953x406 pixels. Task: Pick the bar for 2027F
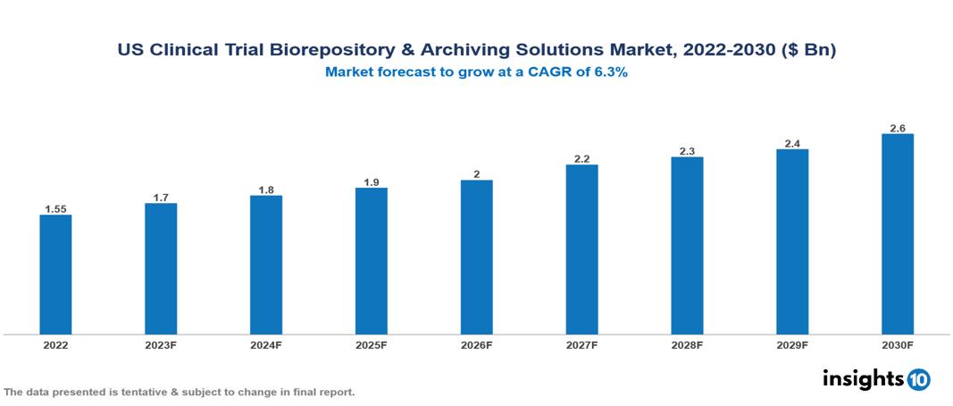click(x=581, y=250)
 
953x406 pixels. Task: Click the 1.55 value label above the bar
click(x=55, y=209)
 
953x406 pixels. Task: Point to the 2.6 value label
click(x=897, y=128)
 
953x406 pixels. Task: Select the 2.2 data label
click(x=581, y=159)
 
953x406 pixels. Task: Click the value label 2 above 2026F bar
click(x=476, y=174)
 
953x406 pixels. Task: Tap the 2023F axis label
click(x=161, y=344)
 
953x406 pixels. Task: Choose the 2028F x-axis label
click(x=687, y=344)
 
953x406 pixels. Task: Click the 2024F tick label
click(x=266, y=344)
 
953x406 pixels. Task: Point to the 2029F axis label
click(x=792, y=344)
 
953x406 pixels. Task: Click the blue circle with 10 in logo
click(x=919, y=380)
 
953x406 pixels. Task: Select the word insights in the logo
click(x=863, y=379)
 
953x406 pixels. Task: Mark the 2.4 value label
click(x=792, y=143)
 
